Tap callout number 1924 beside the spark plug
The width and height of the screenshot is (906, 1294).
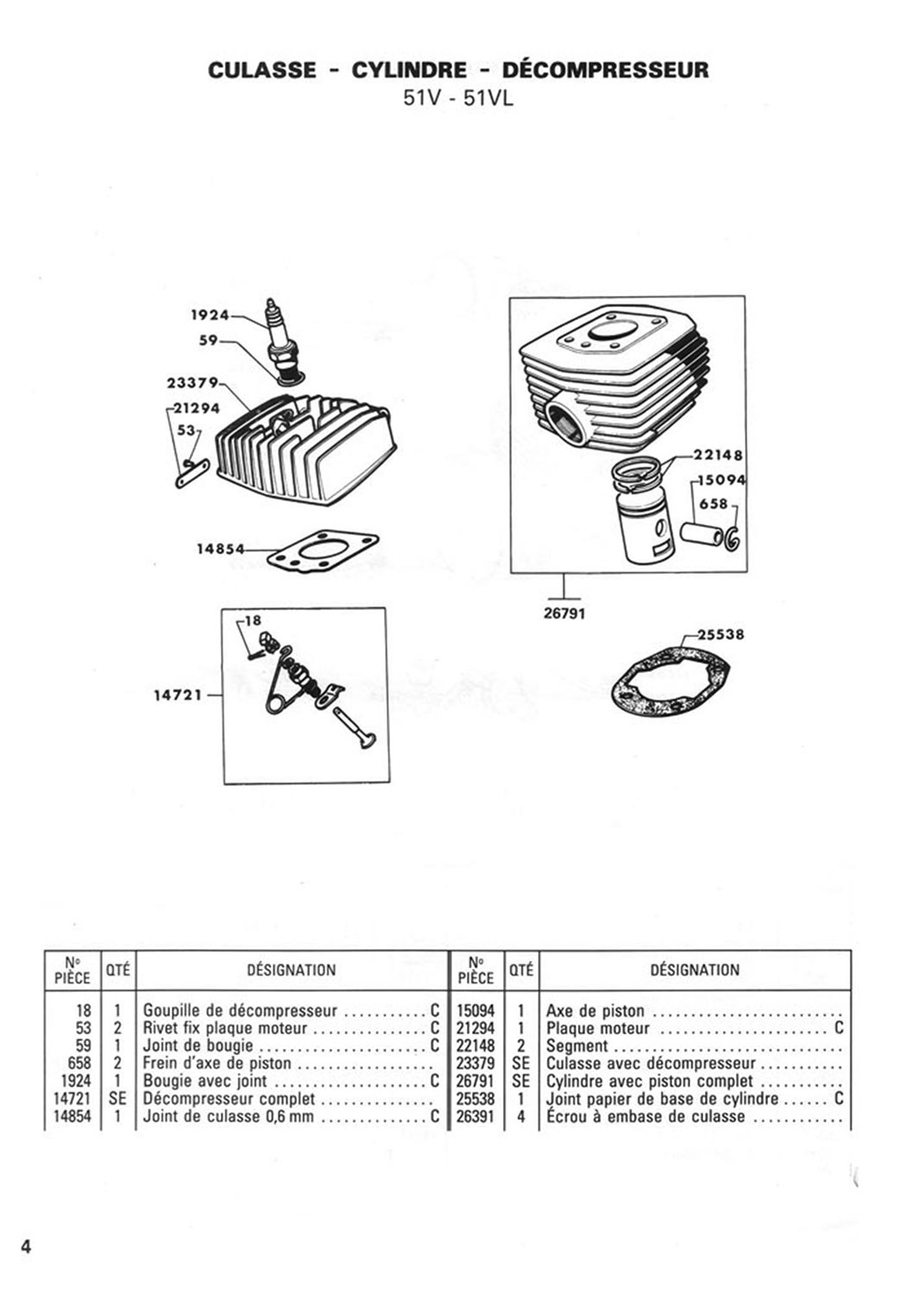(210, 316)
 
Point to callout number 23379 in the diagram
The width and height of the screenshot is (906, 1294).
(192, 383)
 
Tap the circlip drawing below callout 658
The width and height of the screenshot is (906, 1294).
(732, 537)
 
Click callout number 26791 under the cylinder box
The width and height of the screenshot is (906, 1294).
(564, 613)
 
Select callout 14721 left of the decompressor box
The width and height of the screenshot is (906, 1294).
(178, 695)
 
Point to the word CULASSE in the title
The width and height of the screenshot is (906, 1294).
(262, 70)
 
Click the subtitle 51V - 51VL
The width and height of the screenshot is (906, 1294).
(457, 98)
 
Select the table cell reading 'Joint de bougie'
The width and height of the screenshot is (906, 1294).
(198, 1046)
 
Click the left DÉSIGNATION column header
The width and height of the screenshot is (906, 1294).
(292, 970)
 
